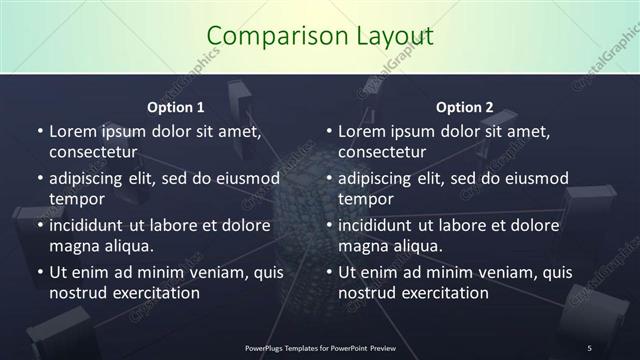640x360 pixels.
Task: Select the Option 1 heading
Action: tap(176, 107)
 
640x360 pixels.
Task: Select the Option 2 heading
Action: tap(465, 107)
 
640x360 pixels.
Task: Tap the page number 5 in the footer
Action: tap(590, 347)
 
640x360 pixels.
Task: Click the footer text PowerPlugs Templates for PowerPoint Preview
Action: tap(320, 347)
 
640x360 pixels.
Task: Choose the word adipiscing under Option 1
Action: tap(92, 178)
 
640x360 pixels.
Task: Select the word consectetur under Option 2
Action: tap(383, 152)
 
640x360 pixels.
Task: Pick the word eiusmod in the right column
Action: tap(535, 178)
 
